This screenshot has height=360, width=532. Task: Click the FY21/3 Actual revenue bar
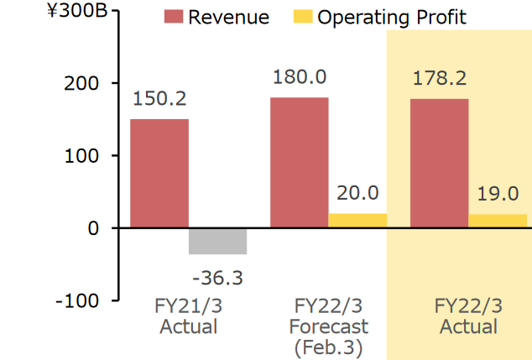pyautogui.click(x=159, y=173)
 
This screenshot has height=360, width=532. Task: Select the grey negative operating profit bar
pyautogui.click(x=217, y=241)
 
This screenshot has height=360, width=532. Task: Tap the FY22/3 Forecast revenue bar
pyautogui.click(x=300, y=162)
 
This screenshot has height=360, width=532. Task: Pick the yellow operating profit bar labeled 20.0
pyautogui.click(x=357, y=220)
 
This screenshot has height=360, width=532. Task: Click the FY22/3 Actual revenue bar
pyautogui.click(x=440, y=163)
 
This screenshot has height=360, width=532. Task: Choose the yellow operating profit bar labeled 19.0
pyautogui.click(x=498, y=221)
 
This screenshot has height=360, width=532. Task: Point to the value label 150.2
pyautogui.click(x=159, y=99)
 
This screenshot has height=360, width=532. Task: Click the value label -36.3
pyautogui.click(x=217, y=276)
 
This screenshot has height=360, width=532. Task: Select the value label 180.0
pyautogui.click(x=300, y=77)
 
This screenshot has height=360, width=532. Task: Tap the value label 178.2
pyautogui.click(x=440, y=79)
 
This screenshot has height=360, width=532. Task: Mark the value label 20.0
pyautogui.click(x=357, y=193)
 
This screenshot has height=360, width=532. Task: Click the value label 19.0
pyautogui.click(x=498, y=194)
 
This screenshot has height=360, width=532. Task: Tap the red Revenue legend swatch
pyautogui.click(x=173, y=17)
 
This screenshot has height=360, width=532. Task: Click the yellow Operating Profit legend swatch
pyautogui.click(x=301, y=17)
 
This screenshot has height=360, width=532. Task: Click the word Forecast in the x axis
pyautogui.click(x=328, y=326)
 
